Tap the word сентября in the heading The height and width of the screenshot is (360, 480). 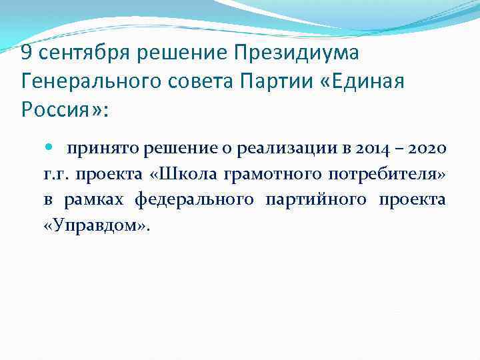click(81, 52)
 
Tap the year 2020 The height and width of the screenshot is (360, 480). click(425, 149)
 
